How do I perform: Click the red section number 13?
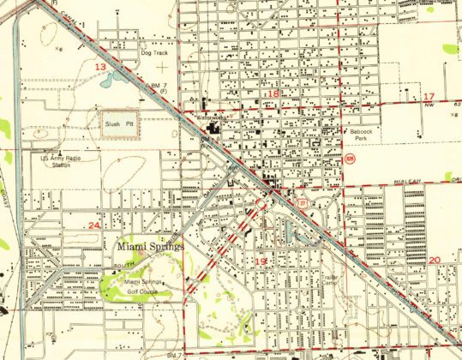point(100,67)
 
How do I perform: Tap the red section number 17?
point(429,95)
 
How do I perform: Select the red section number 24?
point(95,225)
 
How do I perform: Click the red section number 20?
point(435,260)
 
